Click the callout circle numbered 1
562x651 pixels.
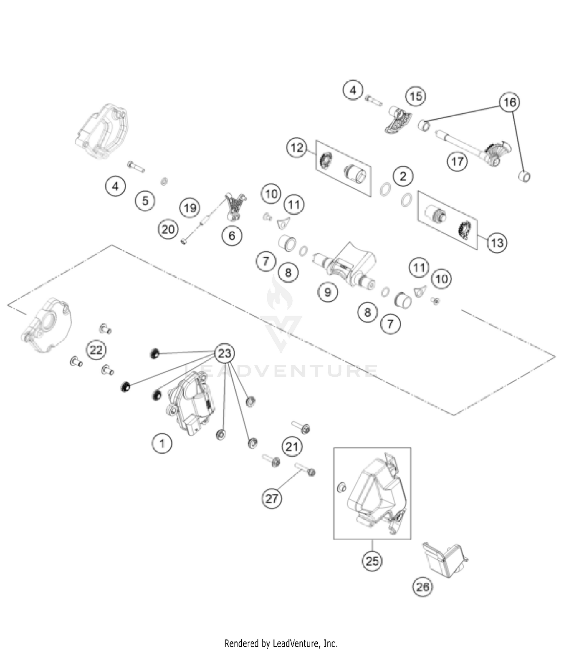[162, 443]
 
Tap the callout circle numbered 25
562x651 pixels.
[372, 561]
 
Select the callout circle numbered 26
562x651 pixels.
[422, 586]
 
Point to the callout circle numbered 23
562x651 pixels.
[224, 353]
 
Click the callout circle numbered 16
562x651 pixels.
[510, 102]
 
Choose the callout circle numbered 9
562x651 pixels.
[328, 292]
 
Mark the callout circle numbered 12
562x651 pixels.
[297, 147]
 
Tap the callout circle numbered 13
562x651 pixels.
[497, 242]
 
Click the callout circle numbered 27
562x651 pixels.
[272, 498]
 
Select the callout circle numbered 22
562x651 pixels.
[96, 350]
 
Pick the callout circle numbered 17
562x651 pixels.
[457, 162]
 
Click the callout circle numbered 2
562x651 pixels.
[403, 176]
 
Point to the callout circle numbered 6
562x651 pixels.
[232, 236]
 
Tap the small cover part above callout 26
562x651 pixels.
[444, 559]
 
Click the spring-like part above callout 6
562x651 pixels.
[235, 206]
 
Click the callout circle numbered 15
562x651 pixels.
[416, 96]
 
